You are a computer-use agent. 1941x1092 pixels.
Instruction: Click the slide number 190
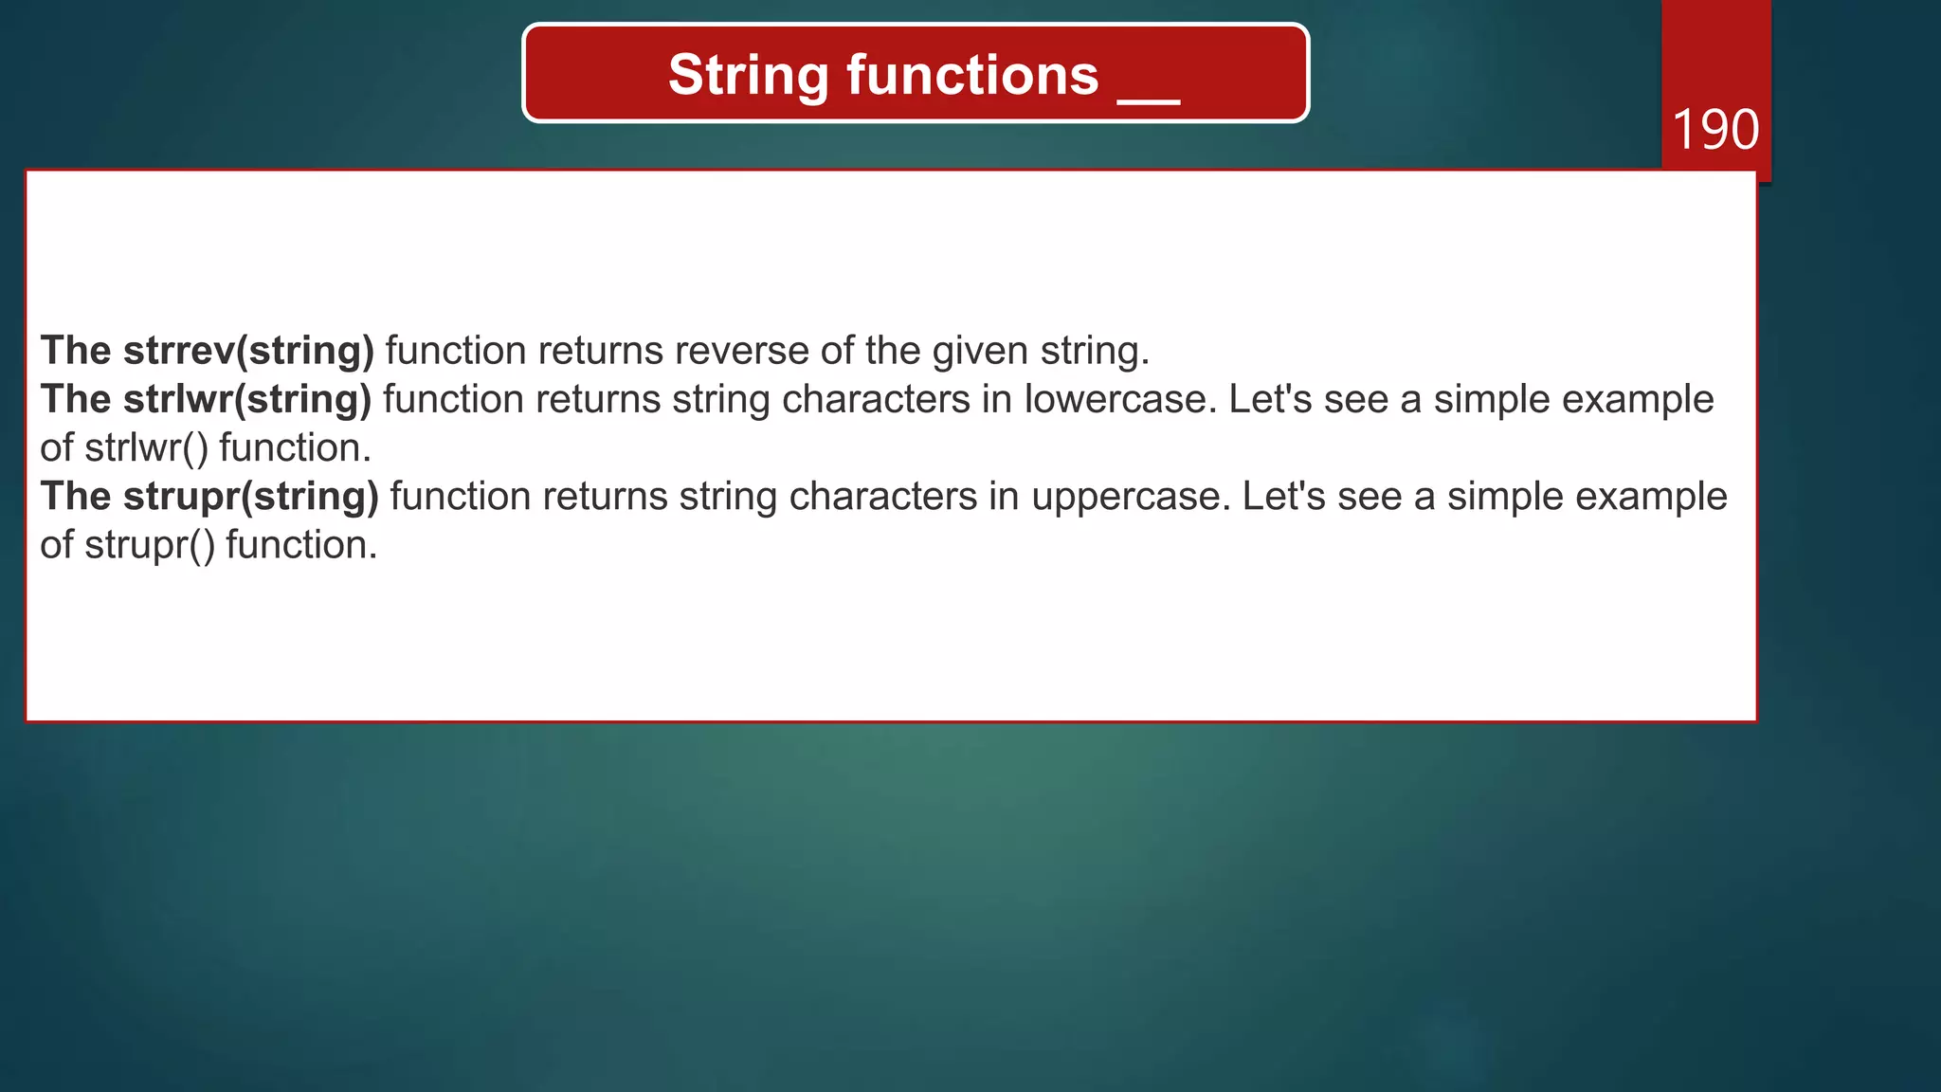[1715, 130]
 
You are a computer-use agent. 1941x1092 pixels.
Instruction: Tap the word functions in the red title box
[972, 76]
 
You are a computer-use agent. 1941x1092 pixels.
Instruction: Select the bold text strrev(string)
[249, 351]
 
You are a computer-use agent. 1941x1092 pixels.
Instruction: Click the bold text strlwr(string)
[247, 399]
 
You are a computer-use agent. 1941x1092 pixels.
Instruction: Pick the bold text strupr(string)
[251, 497]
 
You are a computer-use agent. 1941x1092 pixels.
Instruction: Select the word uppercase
[1131, 497]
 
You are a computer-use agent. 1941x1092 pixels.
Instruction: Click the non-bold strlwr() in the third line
[146, 447]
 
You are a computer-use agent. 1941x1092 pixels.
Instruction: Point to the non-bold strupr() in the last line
[150, 545]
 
